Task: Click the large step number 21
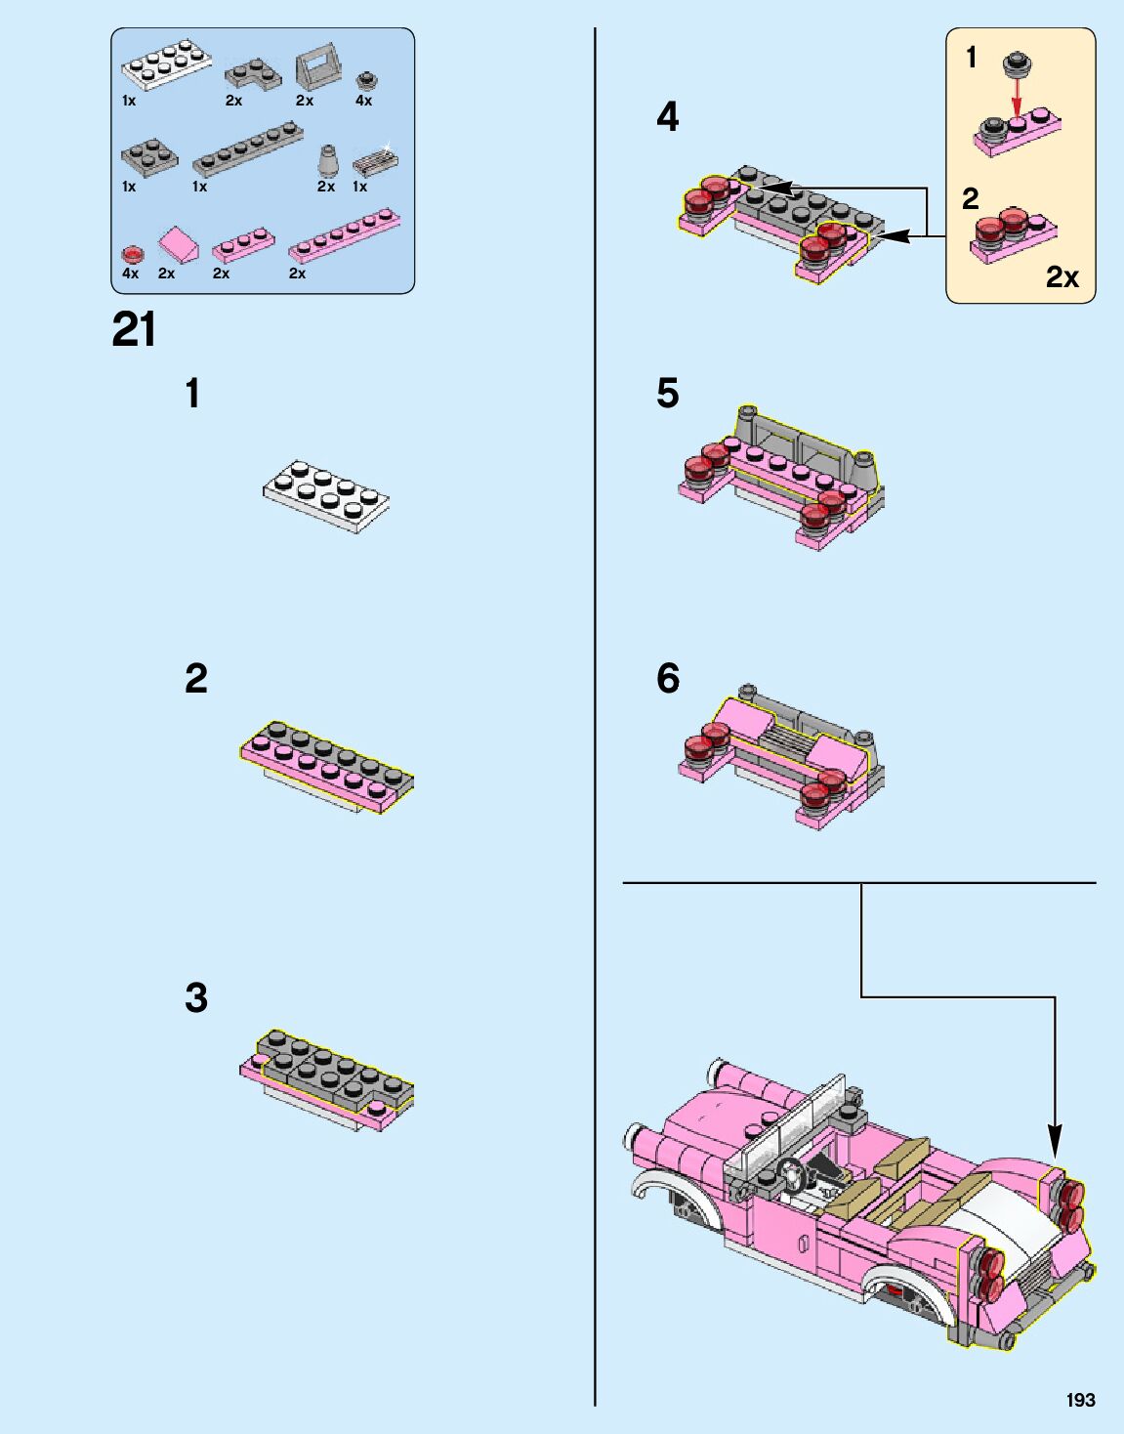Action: (x=135, y=329)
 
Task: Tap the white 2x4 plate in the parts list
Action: (x=167, y=64)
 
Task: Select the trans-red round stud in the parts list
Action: (x=132, y=254)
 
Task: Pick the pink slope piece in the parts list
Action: (x=178, y=245)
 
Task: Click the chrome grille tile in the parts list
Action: (x=375, y=160)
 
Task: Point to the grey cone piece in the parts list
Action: (x=327, y=159)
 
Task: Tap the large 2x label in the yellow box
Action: (x=1062, y=277)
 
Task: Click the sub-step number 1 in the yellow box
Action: (x=971, y=58)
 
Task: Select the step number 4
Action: (x=668, y=117)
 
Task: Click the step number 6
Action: (x=668, y=678)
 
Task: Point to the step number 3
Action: (x=196, y=997)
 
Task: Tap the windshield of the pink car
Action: (x=785, y=1120)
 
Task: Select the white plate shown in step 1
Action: (x=326, y=496)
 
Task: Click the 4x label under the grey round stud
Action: (x=363, y=101)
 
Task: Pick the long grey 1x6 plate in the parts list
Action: (x=248, y=149)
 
